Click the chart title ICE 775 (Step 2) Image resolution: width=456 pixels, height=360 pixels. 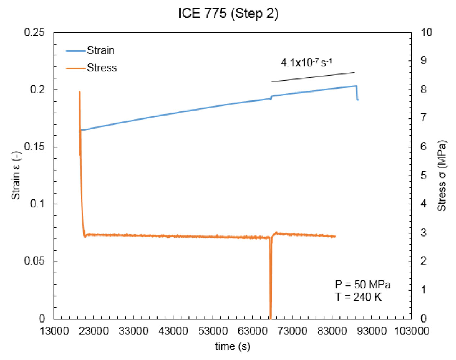pyautogui.click(x=228, y=14)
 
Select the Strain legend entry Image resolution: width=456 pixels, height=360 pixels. pyautogui.click(x=101, y=50)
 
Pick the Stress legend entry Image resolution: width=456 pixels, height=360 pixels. pyautogui.click(x=102, y=68)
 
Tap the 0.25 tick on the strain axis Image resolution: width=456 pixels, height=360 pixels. pyautogui.click(x=35, y=32)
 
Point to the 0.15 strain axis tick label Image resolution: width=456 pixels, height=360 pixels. pyautogui.click(x=35, y=147)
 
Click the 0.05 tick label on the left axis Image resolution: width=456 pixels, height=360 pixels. pyautogui.click(x=35, y=261)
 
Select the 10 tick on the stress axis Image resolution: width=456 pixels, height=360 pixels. pyautogui.click(x=426, y=32)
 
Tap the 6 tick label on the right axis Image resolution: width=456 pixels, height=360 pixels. pyautogui.click(x=423, y=147)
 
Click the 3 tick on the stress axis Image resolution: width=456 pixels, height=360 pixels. pyautogui.click(x=423, y=233)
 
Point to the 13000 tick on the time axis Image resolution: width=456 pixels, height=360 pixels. pyautogui.click(x=54, y=331)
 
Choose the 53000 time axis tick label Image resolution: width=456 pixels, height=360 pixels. pyautogui.click(x=213, y=331)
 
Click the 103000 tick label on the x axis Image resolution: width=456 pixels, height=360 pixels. pyautogui.click(x=411, y=331)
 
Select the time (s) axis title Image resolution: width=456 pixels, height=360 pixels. pyautogui.click(x=232, y=346)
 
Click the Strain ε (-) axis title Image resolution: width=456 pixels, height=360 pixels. pyautogui.click(x=16, y=175)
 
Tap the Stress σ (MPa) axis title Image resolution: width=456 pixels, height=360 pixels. pyautogui.click(x=442, y=175)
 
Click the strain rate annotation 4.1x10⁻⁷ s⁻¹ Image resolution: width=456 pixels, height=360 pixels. pyautogui.click(x=306, y=63)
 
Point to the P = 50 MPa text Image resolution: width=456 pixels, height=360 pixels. pyautogui.click(x=362, y=285)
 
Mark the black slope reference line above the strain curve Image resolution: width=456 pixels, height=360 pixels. pyautogui.click(x=313, y=77)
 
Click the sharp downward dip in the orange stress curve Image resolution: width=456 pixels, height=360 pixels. pyautogui.click(x=270, y=288)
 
